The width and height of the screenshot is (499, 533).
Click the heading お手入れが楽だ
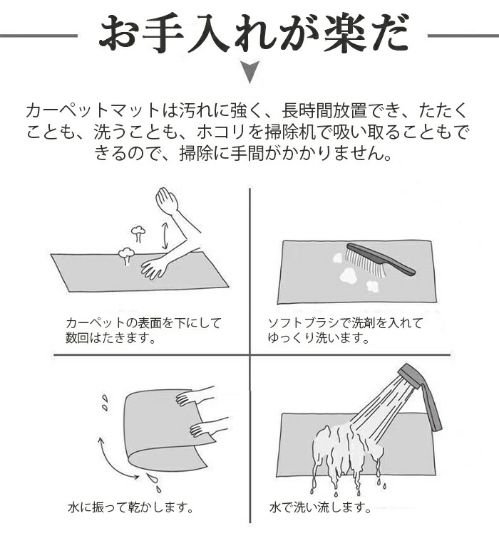click(x=254, y=35)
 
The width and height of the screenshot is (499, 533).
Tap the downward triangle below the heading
click(x=249, y=70)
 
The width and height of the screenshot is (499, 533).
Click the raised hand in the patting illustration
click(x=168, y=201)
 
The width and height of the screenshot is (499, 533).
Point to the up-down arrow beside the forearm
click(x=165, y=236)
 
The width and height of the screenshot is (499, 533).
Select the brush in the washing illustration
click(x=380, y=260)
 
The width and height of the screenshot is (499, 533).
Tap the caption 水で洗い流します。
click(x=320, y=507)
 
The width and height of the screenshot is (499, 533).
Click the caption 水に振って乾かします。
click(x=130, y=507)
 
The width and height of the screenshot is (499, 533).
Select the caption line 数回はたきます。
click(x=110, y=338)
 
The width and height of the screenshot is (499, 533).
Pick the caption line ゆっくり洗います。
click(x=319, y=338)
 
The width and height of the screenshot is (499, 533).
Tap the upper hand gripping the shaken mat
click(x=194, y=395)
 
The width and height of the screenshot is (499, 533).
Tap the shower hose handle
click(x=431, y=406)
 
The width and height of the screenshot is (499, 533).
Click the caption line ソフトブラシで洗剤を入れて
click(x=345, y=322)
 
